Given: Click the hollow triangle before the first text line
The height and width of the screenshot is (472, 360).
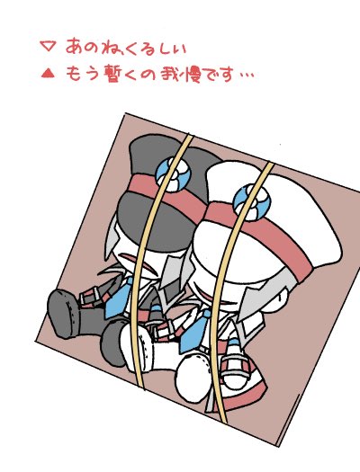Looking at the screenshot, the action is click(48, 47).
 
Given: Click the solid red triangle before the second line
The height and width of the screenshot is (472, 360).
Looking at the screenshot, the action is click(48, 73).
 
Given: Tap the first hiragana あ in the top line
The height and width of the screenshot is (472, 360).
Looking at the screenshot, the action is click(74, 46).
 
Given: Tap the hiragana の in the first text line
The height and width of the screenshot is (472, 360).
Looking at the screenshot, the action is click(91, 48).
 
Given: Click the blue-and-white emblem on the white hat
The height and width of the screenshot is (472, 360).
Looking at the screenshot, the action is click(251, 202).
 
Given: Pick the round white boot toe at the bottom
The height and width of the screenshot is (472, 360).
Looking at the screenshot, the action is click(193, 378).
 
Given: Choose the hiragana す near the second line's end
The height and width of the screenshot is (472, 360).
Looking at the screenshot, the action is click(226, 74).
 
